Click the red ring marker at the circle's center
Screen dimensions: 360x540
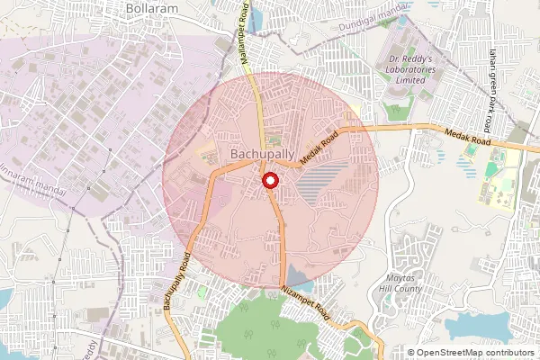269,181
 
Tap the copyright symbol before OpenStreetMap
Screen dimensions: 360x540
411,352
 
